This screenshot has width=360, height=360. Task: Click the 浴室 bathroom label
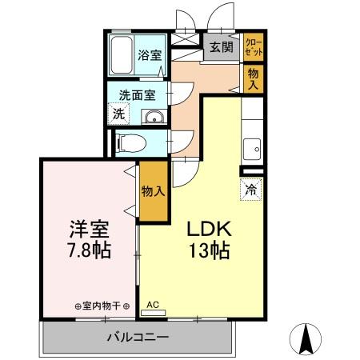(149, 56)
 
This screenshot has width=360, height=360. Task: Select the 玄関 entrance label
(221, 47)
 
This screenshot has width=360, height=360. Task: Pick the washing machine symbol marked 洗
(118, 113)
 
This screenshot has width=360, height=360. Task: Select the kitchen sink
(254, 148)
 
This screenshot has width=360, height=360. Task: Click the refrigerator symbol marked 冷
(250, 190)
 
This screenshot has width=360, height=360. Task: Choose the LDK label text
(210, 229)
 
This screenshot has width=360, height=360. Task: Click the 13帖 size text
(210, 251)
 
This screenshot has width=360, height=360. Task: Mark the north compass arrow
(307, 338)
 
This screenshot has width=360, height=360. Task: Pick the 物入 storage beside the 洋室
(153, 191)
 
